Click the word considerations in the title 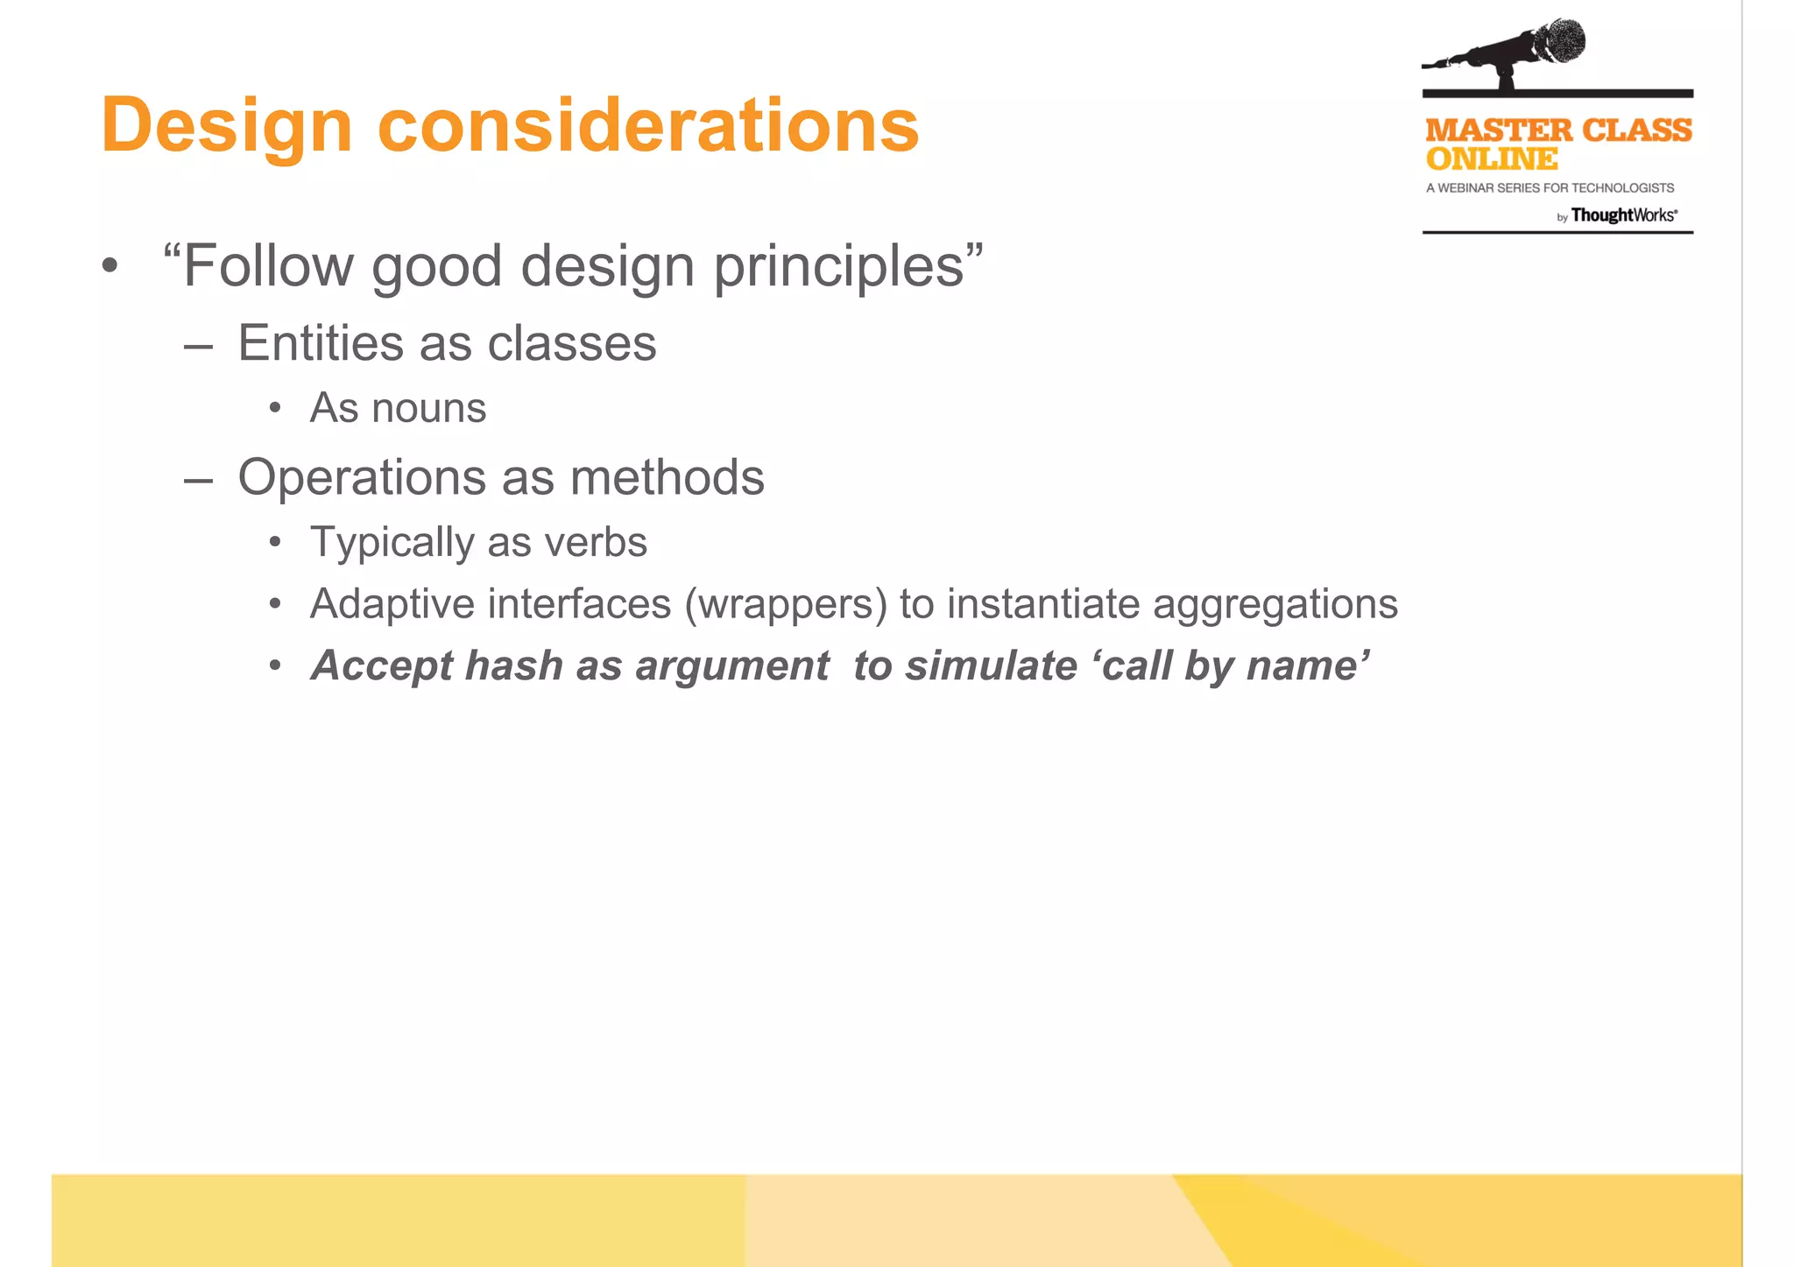click(x=647, y=125)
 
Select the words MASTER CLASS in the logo click(x=1557, y=130)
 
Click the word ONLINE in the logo click(x=1491, y=159)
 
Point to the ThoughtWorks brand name click(x=1622, y=215)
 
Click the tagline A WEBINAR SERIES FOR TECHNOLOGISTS click(x=1549, y=188)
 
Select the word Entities click(x=321, y=342)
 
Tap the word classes click(x=571, y=342)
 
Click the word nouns click(x=428, y=408)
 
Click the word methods click(x=667, y=478)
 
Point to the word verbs click(x=596, y=542)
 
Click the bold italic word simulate click(x=991, y=665)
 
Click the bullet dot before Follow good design click(x=109, y=266)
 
